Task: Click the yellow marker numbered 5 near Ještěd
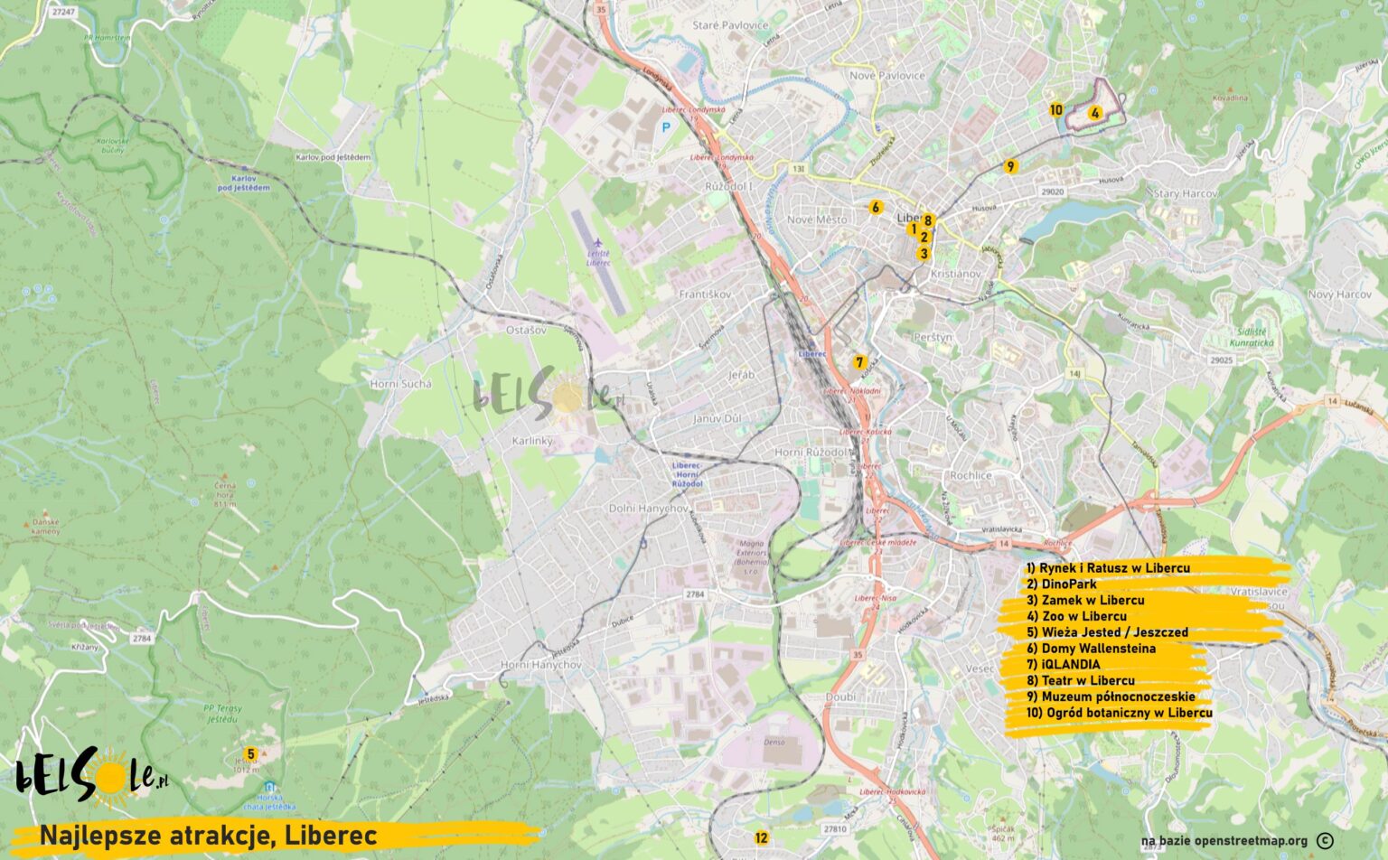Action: point(251,753)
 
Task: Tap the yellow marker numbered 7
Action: point(859,361)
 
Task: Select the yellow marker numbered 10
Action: point(1056,110)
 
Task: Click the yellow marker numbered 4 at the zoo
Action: point(1094,113)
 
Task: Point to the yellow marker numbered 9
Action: point(1011,166)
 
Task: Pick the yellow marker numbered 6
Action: point(875,208)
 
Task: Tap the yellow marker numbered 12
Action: point(761,837)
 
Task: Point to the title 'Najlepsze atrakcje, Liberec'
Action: point(208,836)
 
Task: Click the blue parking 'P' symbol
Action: point(667,128)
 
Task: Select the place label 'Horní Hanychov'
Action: point(541,665)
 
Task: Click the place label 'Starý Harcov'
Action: point(1185,194)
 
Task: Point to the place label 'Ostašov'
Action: point(526,331)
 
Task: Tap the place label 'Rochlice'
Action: point(971,475)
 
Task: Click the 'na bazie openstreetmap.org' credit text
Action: point(1224,841)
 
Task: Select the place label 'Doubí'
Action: point(840,697)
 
